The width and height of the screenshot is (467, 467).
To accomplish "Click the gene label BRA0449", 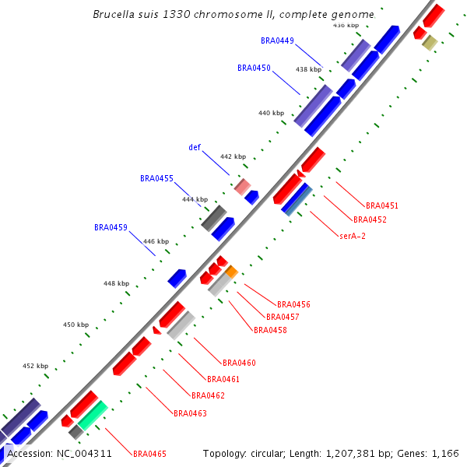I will (277, 40).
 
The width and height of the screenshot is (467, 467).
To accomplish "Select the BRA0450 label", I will (254, 68).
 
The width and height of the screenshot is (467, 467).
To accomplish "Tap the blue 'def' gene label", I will (195, 147).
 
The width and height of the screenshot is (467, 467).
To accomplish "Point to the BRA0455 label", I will (156, 178).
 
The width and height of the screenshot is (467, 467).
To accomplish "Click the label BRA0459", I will (111, 227).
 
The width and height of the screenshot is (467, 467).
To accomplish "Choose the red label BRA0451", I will (382, 205).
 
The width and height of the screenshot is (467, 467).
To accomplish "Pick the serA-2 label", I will (353, 235).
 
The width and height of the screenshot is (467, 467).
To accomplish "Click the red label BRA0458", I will (270, 330).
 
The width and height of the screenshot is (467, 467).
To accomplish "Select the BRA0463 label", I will (190, 413).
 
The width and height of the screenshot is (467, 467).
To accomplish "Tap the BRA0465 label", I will (149, 454).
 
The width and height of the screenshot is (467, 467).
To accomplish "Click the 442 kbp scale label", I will (233, 156).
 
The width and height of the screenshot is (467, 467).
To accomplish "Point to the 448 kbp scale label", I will (116, 283).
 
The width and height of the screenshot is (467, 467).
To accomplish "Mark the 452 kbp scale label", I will (35, 365).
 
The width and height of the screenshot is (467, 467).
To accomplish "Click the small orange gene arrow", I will (231, 271).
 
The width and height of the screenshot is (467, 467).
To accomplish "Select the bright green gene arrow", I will (93, 414).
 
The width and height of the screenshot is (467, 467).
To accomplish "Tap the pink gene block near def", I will (243, 187).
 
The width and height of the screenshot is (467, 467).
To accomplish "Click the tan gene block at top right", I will (429, 42).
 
